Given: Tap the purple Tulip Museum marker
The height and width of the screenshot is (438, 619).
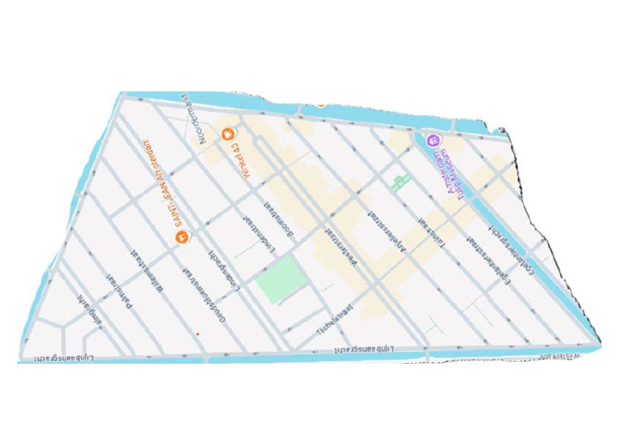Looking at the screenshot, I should coord(433,140).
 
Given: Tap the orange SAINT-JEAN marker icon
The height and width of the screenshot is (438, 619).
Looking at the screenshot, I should coord(181,237).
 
